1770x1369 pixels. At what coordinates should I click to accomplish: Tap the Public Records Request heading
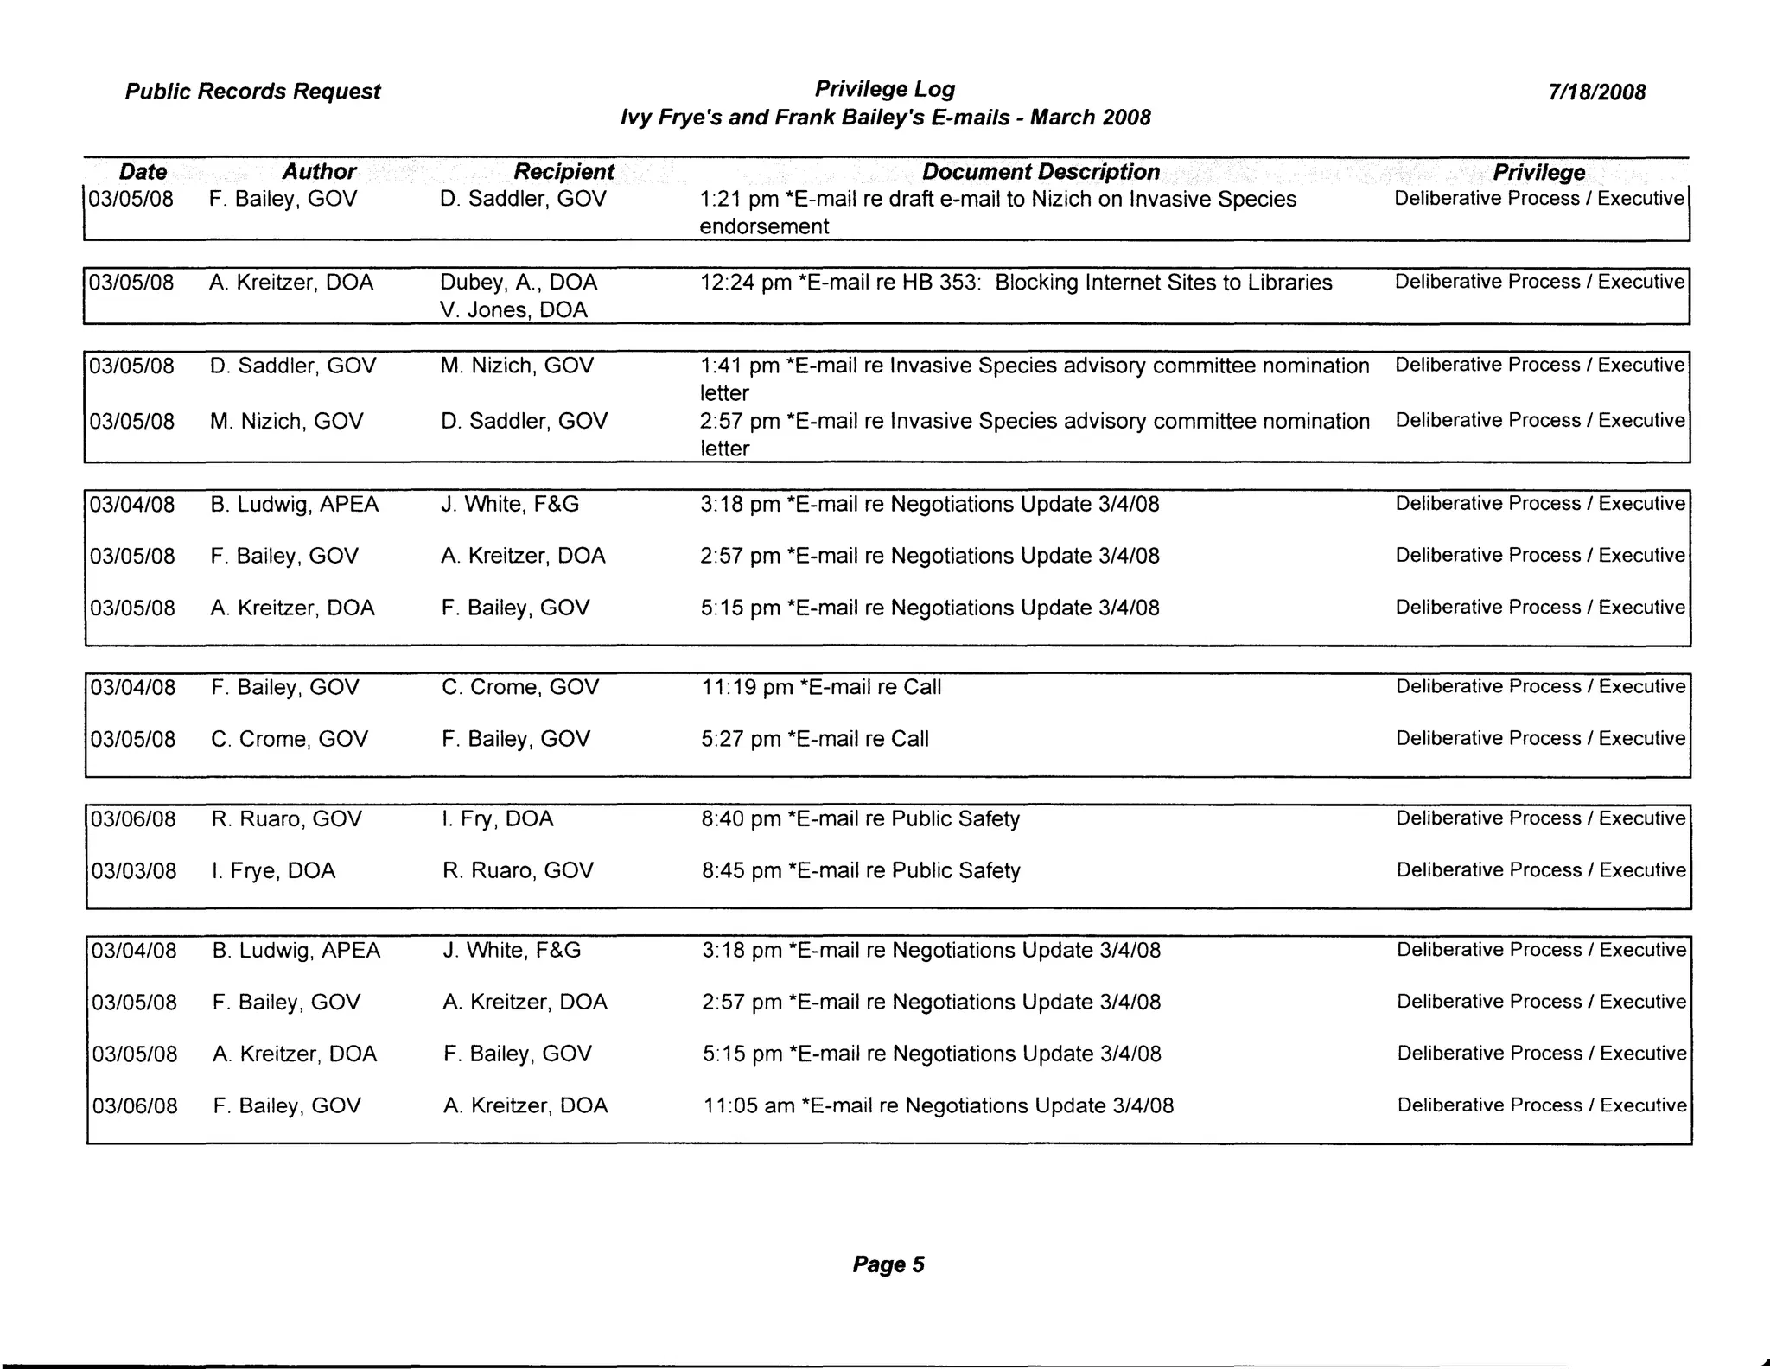(x=252, y=92)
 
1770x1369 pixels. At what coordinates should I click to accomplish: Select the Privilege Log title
(x=885, y=89)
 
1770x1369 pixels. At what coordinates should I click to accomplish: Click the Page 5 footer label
(x=888, y=1264)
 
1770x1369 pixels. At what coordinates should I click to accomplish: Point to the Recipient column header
(x=563, y=172)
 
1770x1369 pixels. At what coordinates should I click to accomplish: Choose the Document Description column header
(x=1041, y=172)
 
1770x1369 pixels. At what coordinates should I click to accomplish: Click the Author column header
(x=319, y=172)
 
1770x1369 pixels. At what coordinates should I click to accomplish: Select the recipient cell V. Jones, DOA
(x=513, y=309)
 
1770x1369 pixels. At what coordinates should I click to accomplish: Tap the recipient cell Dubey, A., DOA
(x=519, y=283)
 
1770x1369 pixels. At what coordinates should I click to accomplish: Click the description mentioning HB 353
(x=1016, y=283)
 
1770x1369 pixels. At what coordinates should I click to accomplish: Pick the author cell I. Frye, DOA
(x=274, y=870)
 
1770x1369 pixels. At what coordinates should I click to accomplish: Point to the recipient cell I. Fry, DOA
(x=498, y=818)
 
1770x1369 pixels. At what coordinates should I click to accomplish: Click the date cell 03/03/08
(x=134, y=870)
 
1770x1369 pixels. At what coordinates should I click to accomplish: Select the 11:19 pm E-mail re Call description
(x=821, y=687)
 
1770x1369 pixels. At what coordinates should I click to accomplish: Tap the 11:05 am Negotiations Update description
(x=939, y=1105)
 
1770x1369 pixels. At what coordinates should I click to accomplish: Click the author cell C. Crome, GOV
(x=290, y=739)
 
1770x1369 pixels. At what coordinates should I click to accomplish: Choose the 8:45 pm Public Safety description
(x=861, y=870)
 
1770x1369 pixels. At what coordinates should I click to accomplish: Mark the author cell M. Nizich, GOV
(x=287, y=421)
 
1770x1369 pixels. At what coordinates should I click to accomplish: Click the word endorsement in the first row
(x=764, y=226)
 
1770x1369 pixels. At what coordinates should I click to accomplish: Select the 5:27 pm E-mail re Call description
(x=815, y=739)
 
